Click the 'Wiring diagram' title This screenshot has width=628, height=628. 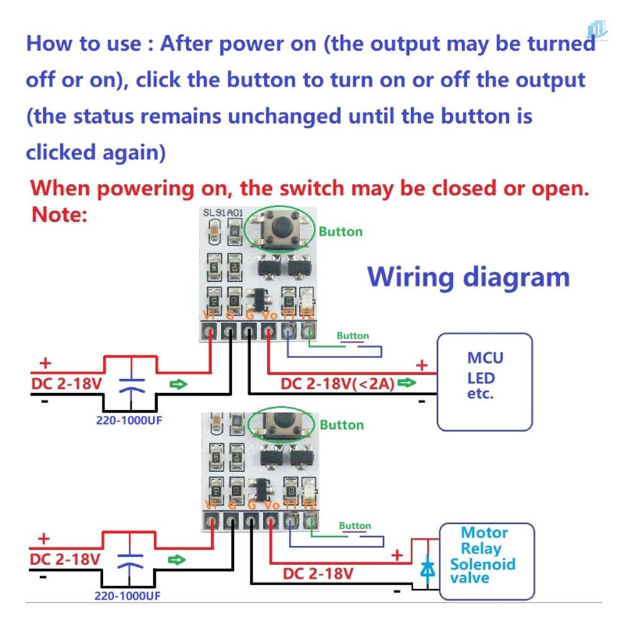pos(468,277)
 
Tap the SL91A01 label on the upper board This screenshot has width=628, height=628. pos(222,214)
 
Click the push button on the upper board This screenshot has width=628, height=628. pos(276,229)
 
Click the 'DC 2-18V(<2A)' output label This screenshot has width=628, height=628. pos(338,384)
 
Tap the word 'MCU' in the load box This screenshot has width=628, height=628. pos(485,358)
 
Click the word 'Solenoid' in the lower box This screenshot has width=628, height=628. pos(482,563)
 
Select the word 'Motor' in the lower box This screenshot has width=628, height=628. pos(484,533)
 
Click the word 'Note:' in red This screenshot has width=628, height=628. pos(59,215)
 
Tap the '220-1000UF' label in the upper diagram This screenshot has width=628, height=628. pos(129,420)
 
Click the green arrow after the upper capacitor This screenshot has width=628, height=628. pos(179,384)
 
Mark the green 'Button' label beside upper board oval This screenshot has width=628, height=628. pos(340,232)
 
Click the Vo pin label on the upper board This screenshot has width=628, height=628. pos(269,315)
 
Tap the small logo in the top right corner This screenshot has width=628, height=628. pos(597,30)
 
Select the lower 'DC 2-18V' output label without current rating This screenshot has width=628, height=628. pos(318,573)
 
